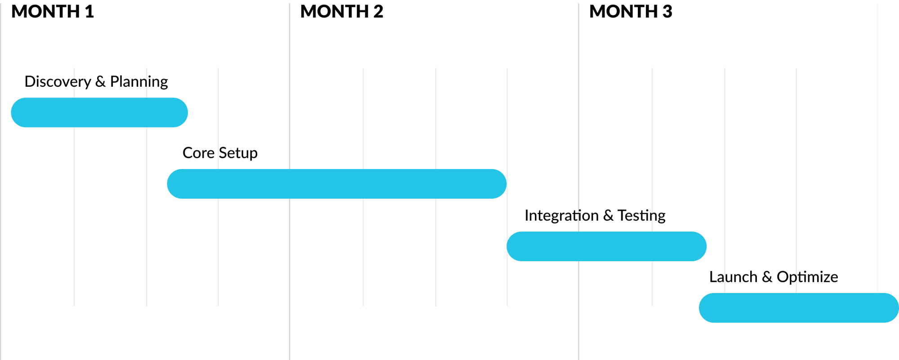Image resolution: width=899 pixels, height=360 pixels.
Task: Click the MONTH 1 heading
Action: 53,11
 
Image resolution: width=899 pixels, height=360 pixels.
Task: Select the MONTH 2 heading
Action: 342,11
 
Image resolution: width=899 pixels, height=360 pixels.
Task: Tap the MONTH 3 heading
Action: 631,11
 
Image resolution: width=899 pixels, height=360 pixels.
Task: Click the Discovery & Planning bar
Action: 99,112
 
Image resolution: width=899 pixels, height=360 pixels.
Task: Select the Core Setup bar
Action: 337,184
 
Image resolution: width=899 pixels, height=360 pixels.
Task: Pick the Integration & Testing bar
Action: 606,246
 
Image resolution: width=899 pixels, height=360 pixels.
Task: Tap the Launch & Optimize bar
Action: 799,308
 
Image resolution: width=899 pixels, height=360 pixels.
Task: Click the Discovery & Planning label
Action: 96,81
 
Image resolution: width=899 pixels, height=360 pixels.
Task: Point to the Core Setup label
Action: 220,153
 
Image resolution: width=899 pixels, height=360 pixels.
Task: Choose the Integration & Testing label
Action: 595,215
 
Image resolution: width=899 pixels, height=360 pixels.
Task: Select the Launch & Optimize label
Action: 774,277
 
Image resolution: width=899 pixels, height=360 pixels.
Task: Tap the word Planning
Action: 139,81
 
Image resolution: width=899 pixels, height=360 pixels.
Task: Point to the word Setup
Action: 238,153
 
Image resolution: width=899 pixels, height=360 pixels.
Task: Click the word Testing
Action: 641,215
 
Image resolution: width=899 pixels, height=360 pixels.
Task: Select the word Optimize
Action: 807,277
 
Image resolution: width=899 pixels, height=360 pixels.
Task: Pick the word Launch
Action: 733,277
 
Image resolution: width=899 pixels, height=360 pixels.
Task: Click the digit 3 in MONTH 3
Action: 667,11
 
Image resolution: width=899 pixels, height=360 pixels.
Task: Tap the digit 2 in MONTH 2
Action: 378,11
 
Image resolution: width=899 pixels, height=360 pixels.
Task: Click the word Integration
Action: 561,215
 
